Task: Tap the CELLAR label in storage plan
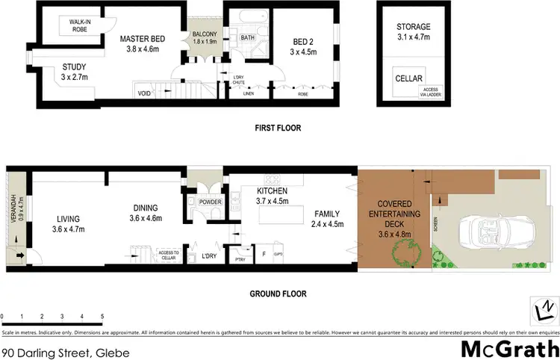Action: click(409, 78)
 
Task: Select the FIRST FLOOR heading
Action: click(278, 128)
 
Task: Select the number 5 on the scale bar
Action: click(102, 317)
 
